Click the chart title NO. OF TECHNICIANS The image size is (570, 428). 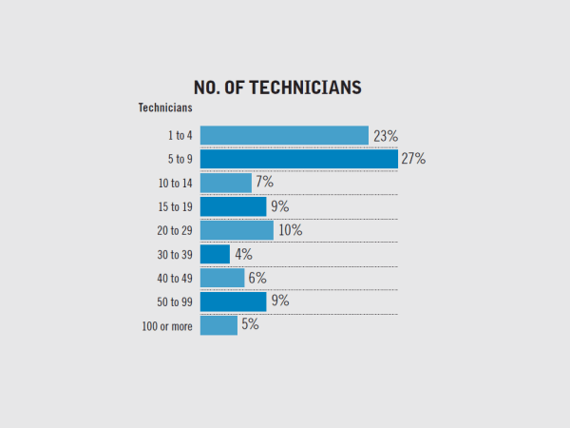(277, 88)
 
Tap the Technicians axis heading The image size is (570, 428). (166, 107)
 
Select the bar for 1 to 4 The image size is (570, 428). (284, 135)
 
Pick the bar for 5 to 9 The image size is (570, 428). (298, 159)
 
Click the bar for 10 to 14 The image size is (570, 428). (225, 183)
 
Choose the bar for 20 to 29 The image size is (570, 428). (237, 230)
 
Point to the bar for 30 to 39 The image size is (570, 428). (215, 254)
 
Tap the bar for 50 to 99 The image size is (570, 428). (233, 302)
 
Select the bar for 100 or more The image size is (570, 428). (218, 325)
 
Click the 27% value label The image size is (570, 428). (412, 159)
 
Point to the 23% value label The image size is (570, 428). (385, 135)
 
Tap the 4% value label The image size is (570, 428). (242, 254)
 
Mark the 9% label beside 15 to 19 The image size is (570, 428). (279, 206)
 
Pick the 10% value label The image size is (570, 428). (290, 230)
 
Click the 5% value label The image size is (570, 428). (250, 324)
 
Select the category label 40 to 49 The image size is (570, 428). (175, 279)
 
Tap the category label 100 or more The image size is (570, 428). (167, 326)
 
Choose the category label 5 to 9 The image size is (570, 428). (179, 160)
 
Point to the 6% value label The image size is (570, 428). (256, 278)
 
